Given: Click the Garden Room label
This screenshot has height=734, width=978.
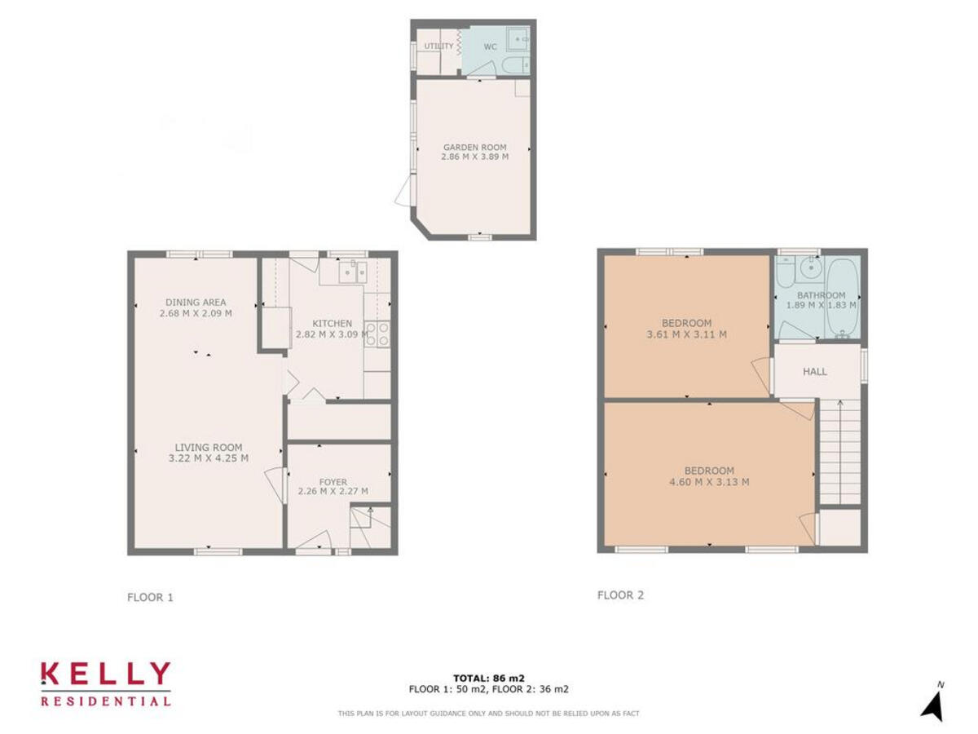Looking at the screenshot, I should (474, 148).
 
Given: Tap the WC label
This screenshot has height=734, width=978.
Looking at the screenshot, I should (490, 46).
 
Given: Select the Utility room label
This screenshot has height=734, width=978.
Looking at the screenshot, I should (438, 46).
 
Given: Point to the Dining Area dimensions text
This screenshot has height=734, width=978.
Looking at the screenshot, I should (196, 313).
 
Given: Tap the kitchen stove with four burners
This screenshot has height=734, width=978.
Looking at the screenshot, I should (377, 333).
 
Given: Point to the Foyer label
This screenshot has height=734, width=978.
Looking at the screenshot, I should (333, 482).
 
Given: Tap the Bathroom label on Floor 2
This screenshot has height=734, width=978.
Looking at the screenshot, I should (821, 295).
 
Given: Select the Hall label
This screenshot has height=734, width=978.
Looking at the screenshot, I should (815, 372).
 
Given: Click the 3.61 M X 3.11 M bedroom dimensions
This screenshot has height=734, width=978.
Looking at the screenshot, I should (686, 334).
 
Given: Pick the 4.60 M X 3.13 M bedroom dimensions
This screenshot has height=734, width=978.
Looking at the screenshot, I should (709, 482).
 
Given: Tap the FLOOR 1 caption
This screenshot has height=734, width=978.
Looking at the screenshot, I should (150, 597).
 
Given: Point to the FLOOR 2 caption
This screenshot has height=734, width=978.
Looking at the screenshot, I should (620, 595).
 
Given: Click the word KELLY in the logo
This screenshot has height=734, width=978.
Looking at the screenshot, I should (106, 674).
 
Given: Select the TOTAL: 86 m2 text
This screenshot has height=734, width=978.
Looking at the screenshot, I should (489, 678).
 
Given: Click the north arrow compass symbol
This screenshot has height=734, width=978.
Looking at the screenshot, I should (933, 704).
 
